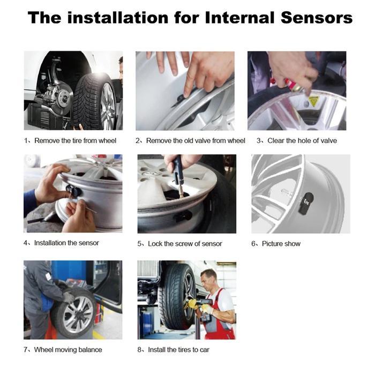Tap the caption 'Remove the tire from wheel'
coord(75,141)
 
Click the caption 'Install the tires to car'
coord(178,350)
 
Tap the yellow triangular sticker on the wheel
coord(313,100)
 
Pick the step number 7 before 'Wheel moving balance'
coord(26,350)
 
